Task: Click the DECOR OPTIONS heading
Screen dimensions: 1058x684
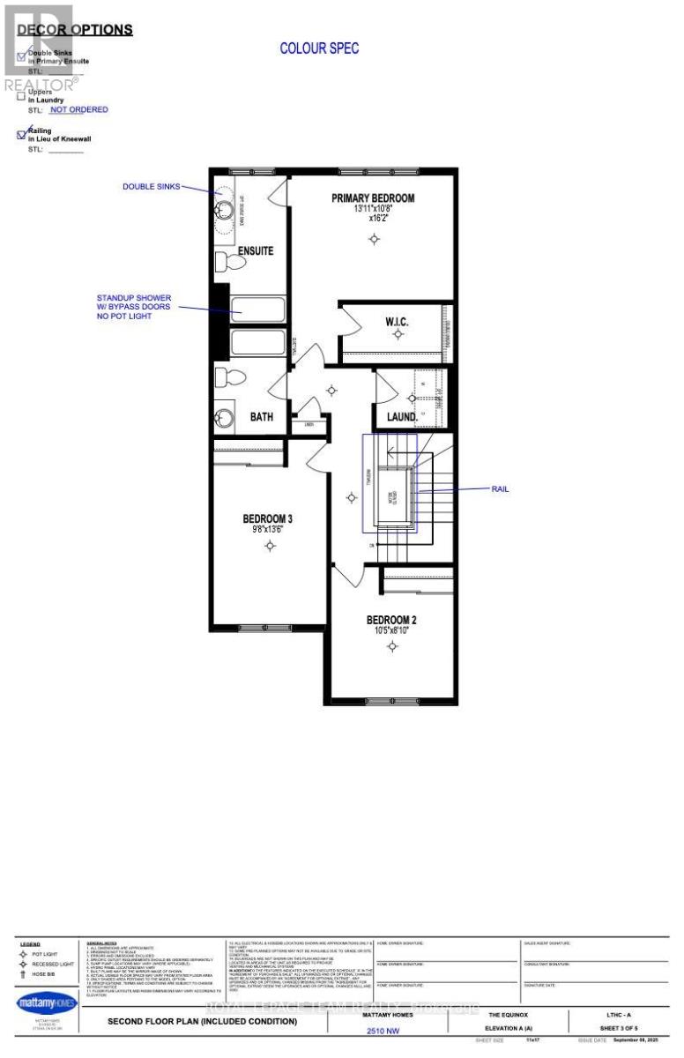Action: tap(75, 30)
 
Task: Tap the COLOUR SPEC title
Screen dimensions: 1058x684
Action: tap(319, 48)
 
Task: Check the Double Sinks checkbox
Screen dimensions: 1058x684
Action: tap(22, 55)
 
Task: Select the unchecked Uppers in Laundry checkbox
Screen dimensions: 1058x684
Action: tap(22, 96)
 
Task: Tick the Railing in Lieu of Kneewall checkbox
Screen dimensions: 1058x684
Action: tap(22, 135)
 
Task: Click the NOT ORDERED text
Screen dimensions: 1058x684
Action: tap(78, 110)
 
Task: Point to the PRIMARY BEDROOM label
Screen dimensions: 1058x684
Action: tap(373, 198)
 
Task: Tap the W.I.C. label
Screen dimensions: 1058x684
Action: tap(397, 322)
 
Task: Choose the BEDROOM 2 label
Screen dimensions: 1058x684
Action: tap(391, 620)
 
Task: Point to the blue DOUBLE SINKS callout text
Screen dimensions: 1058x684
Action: tap(151, 187)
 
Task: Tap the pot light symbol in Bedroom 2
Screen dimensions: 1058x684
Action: tap(392, 646)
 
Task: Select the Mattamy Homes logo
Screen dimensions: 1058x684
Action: tap(46, 1002)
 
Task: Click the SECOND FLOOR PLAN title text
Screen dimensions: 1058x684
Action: tap(202, 1022)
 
